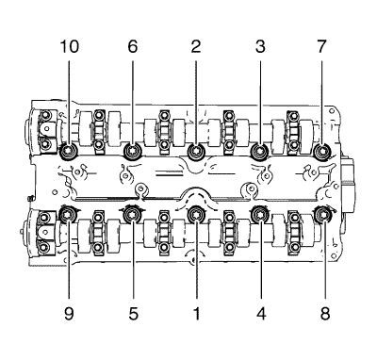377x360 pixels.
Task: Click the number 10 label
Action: [x=70, y=46]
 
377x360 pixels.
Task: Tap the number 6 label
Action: [x=133, y=46]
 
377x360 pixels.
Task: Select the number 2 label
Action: [x=196, y=46]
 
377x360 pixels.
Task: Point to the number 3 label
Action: [x=260, y=46]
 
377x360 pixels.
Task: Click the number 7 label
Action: [x=321, y=46]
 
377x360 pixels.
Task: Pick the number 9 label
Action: [x=69, y=313]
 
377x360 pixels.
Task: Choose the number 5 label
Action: [x=133, y=313]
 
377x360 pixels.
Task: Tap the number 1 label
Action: [x=197, y=313]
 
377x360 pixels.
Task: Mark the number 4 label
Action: [x=261, y=313]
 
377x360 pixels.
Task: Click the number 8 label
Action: [x=325, y=313]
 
